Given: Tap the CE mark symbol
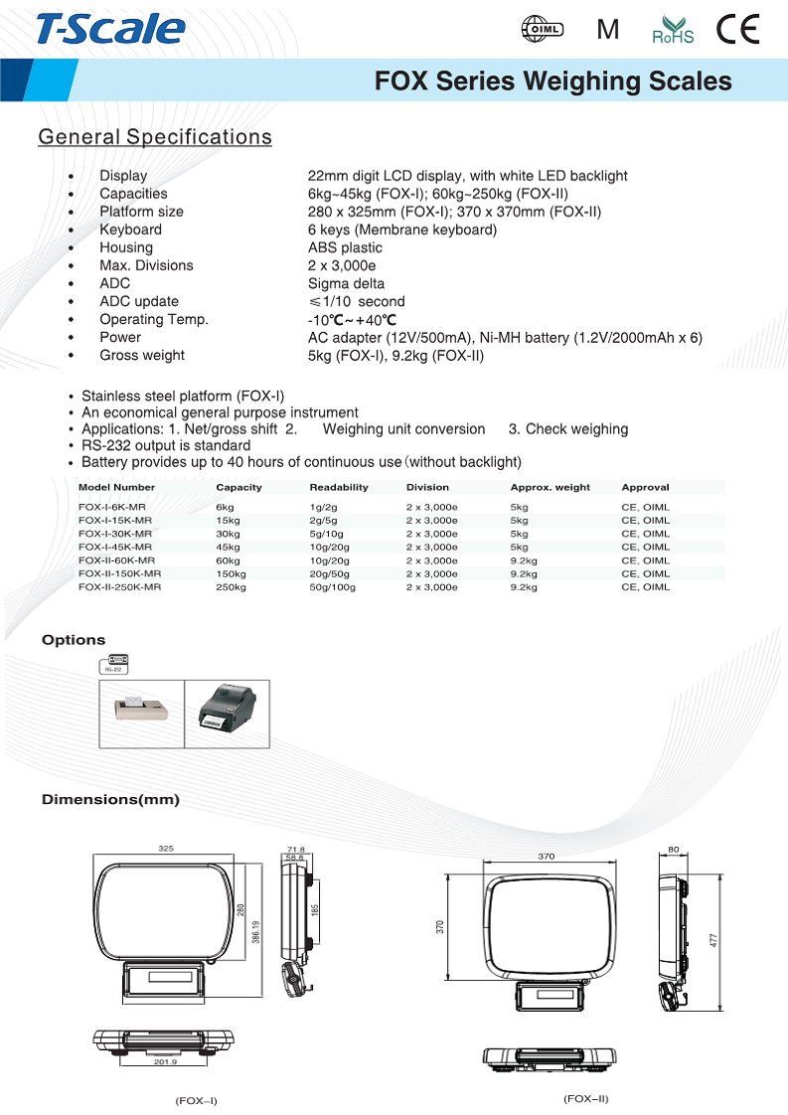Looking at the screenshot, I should tap(738, 30).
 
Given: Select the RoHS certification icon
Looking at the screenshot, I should tap(673, 30).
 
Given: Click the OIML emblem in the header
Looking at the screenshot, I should tap(543, 30).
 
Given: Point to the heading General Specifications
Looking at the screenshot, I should tap(154, 137).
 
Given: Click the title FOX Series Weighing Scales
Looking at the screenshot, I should tap(552, 81).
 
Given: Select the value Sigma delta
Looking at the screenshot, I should tap(346, 283).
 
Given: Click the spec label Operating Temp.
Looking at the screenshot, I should tap(154, 319).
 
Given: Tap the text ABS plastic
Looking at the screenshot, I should tap(345, 247).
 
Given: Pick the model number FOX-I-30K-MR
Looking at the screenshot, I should tap(115, 534).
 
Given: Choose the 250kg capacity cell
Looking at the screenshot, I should tap(231, 587).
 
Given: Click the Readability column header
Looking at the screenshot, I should tap(339, 487).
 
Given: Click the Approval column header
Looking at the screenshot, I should tap(645, 487).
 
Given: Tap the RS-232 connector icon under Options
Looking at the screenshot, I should tap(115, 663).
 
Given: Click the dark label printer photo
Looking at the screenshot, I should tap(228, 713).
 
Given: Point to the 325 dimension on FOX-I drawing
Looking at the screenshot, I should tap(166, 849).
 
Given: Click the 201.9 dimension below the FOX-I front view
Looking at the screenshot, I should tap(165, 1062).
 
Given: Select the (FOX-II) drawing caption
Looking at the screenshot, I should tap(585, 1098).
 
